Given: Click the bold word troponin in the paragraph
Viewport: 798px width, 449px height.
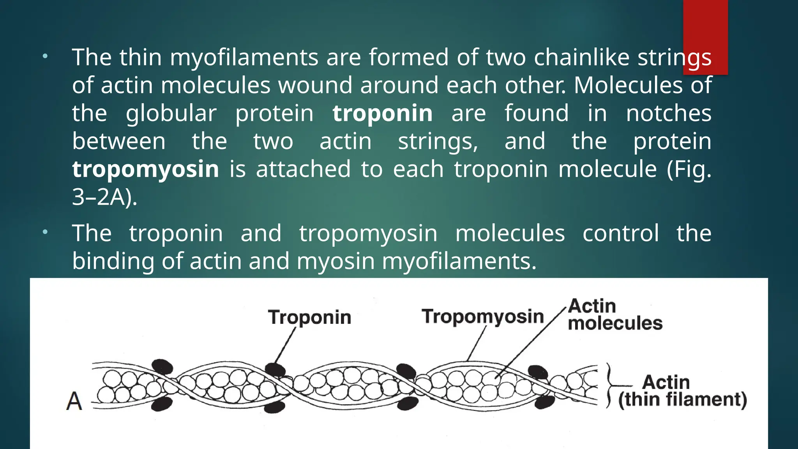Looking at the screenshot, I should click(x=382, y=113).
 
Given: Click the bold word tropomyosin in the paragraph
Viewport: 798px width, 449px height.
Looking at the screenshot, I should click(x=145, y=169).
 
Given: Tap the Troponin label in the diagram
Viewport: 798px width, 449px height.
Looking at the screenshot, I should click(x=309, y=317).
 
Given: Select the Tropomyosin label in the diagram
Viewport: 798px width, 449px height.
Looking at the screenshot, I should click(x=482, y=316).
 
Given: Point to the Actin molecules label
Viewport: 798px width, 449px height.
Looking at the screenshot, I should click(x=614, y=315).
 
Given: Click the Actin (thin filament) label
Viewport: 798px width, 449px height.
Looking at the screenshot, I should click(x=682, y=391).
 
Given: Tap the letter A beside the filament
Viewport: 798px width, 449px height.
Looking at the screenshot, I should click(x=74, y=401).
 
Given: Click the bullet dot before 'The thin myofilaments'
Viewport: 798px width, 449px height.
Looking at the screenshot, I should click(x=45, y=56).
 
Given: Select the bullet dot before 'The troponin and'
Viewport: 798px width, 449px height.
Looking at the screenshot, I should click(x=45, y=232).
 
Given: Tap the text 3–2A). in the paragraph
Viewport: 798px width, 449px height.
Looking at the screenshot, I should click(x=104, y=197).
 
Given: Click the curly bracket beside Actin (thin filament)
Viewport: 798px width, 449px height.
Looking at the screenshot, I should click(x=609, y=385).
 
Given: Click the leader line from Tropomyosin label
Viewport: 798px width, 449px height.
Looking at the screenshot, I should click(x=477, y=343).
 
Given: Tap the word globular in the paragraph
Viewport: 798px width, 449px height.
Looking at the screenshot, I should click(x=171, y=113).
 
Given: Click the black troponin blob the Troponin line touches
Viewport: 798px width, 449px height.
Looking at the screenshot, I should click(x=275, y=369).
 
